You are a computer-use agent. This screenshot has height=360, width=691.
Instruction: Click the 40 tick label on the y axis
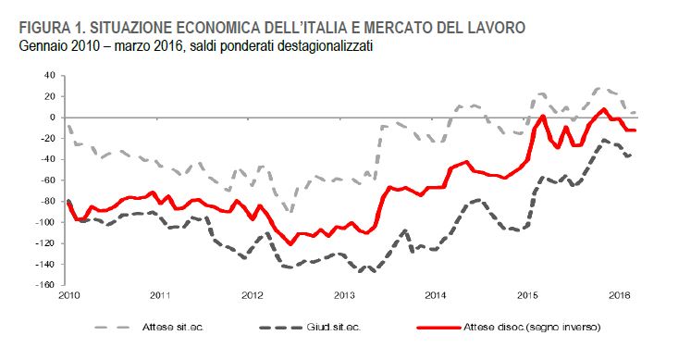(50, 75)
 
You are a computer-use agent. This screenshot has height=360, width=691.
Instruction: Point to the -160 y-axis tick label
(46, 285)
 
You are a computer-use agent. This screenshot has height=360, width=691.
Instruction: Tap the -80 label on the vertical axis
(47, 202)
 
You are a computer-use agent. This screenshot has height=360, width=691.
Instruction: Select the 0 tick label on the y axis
(53, 118)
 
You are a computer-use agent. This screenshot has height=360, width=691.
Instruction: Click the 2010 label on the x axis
(69, 295)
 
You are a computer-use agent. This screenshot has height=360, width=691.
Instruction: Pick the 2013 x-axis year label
(345, 295)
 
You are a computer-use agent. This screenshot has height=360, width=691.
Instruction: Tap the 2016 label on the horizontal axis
(619, 295)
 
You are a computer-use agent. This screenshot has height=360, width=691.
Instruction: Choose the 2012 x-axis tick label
(253, 295)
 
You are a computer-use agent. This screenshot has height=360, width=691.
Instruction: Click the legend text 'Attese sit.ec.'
(173, 328)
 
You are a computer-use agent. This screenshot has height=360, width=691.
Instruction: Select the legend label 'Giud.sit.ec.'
(334, 328)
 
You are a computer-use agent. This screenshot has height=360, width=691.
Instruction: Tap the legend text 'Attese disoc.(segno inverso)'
(532, 328)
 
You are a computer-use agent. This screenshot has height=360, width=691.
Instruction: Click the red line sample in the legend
(438, 328)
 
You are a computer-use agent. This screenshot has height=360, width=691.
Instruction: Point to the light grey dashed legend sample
(113, 328)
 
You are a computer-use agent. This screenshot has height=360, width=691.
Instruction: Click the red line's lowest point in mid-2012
(290, 242)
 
